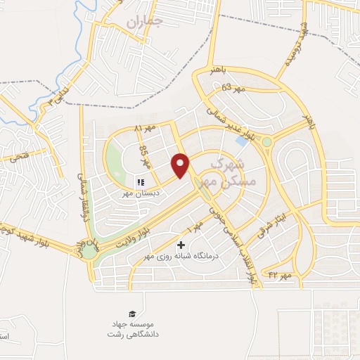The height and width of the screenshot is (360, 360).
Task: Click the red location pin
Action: [181, 165]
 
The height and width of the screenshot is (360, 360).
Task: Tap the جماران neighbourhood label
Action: [144, 22]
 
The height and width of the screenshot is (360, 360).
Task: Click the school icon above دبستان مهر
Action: [140, 182]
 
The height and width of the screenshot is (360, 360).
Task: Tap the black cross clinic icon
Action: [182, 245]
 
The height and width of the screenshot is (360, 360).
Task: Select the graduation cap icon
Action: [132, 313]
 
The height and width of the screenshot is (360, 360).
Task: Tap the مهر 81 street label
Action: [143, 128]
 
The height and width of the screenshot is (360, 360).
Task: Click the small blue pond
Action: [242, 141]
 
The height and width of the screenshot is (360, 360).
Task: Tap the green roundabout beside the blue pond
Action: [266, 143]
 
